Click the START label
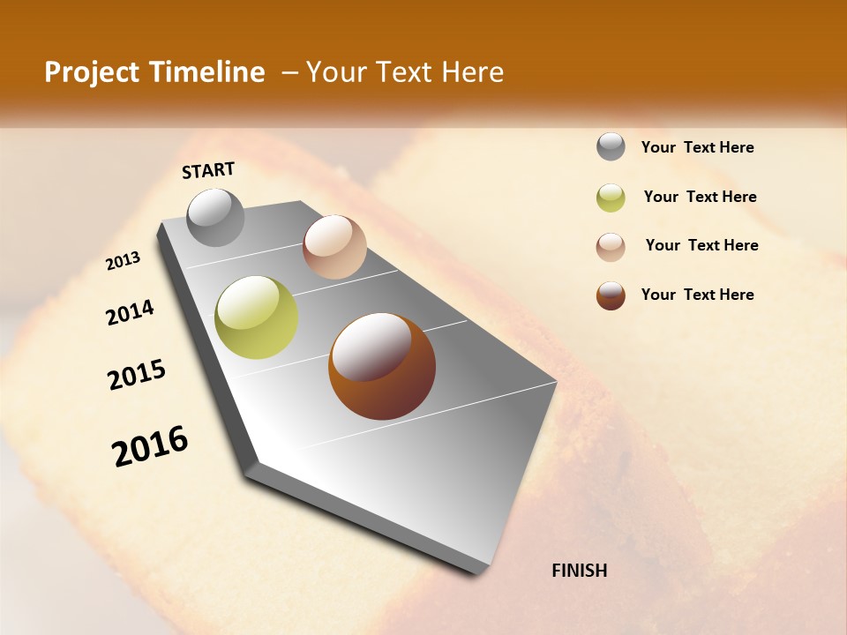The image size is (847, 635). coord(208,170)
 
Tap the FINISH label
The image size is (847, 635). coord(579,571)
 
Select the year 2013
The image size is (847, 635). coord(123,261)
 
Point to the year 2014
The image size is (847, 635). coord(130,312)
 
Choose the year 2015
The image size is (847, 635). coord(137,375)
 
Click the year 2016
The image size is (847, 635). coord(150,446)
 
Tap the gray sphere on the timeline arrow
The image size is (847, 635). coord(216,217)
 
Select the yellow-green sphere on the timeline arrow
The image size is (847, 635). coord(257,317)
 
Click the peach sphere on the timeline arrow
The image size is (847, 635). coord(334,247)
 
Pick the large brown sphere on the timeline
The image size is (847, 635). coord(382,366)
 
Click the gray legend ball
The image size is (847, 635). coord(611,147)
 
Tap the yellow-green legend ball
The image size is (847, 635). coord(611,198)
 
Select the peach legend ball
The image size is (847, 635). coord(611,247)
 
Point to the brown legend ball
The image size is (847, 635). coord(611,295)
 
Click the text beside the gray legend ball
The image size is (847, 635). coord(697,148)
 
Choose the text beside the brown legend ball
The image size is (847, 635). coord(697,295)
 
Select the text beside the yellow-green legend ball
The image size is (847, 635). coord(700,197)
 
